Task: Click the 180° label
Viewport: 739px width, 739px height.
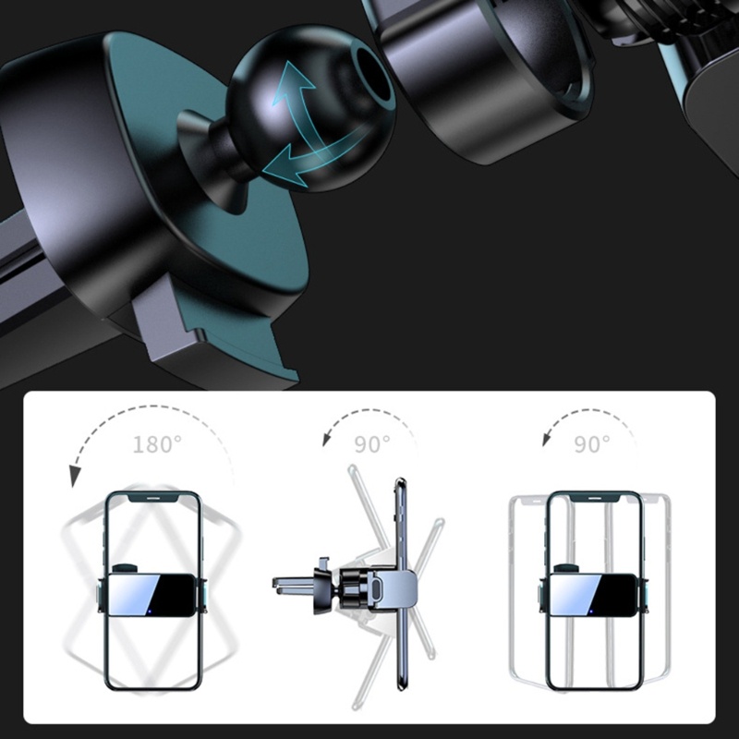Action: coord(157,444)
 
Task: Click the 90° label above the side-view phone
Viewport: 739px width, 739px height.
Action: coord(372,444)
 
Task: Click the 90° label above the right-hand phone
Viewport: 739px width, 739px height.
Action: coord(592,444)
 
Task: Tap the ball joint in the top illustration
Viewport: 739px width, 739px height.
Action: coord(311,108)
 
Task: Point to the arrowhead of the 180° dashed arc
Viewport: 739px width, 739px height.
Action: coord(75,475)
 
